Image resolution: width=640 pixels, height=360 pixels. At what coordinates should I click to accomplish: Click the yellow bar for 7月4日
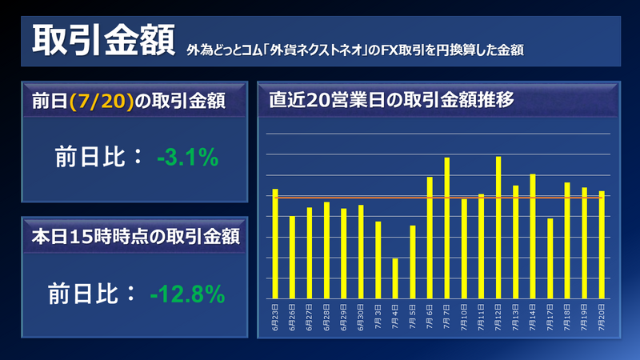pyautogui.click(x=395, y=278)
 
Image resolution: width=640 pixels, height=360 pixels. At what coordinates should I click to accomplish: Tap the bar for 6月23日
pyautogui.click(x=275, y=243)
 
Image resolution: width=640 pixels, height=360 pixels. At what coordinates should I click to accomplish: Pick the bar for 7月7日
pyautogui.click(x=446, y=227)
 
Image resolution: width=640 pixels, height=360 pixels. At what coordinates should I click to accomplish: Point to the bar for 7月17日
pyautogui.click(x=550, y=258)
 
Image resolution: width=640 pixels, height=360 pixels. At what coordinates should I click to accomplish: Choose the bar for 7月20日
pyautogui.click(x=602, y=244)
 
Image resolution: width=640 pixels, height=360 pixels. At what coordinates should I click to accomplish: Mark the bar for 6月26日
pyautogui.click(x=292, y=257)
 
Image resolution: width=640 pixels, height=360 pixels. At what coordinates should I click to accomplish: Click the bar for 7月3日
pyautogui.click(x=378, y=259)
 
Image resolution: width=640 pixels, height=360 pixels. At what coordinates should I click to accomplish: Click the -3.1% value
pyautogui.click(x=187, y=158)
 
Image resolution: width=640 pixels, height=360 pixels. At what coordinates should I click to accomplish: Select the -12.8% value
pyautogui.click(x=187, y=294)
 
